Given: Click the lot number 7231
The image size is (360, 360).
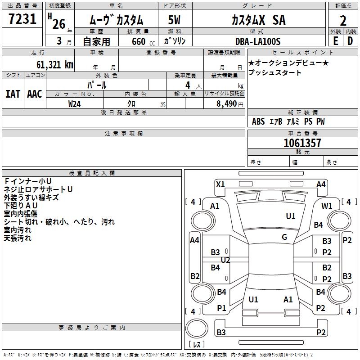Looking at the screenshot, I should (22, 20).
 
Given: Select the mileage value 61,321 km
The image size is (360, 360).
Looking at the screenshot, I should (50, 65).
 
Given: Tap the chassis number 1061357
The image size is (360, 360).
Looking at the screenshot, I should (302, 144).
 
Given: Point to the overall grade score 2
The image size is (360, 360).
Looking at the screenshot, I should (343, 21).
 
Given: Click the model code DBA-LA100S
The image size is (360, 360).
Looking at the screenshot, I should (257, 41).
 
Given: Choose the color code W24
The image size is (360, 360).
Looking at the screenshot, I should (75, 103).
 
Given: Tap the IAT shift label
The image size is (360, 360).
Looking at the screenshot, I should (13, 94).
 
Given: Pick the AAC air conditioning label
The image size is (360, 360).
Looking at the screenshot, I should (35, 94).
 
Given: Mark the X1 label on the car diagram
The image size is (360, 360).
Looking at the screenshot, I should (220, 184).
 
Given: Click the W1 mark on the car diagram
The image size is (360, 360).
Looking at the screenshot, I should (327, 206).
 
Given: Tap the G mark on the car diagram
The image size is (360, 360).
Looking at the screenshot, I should (284, 237).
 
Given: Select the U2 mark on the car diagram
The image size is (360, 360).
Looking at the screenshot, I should (225, 260).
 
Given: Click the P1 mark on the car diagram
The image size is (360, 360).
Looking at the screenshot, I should (221, 308).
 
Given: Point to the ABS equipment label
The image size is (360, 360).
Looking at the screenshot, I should (258, 121).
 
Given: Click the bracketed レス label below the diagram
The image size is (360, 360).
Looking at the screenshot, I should (197, 344).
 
